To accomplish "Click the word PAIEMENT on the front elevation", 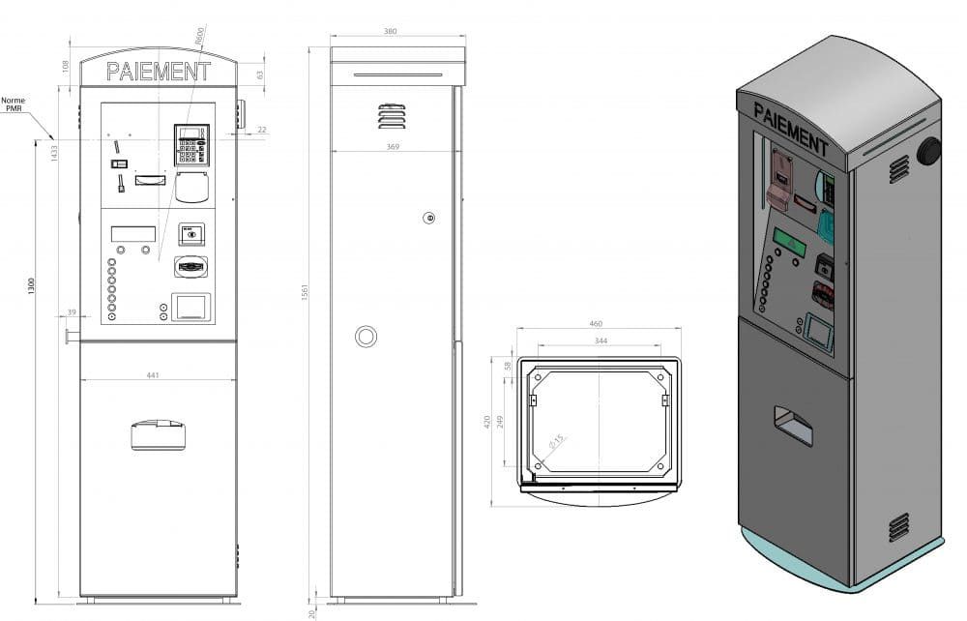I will (158, 72).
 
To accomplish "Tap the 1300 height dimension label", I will (32, 286).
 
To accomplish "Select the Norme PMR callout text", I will (14, 104).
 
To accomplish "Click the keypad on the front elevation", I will (190, 145).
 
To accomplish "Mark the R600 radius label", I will (199, 37).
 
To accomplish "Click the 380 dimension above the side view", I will (390, 32).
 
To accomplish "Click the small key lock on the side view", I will (429, 218).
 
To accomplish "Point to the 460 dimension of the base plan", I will (597, 324).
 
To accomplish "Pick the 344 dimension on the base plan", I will (600, 341).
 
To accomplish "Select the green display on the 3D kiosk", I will (789, 242).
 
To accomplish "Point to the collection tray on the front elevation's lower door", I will (158, 434).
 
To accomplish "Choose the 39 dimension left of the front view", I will (72, 313).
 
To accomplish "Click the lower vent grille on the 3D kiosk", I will (898, 527).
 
